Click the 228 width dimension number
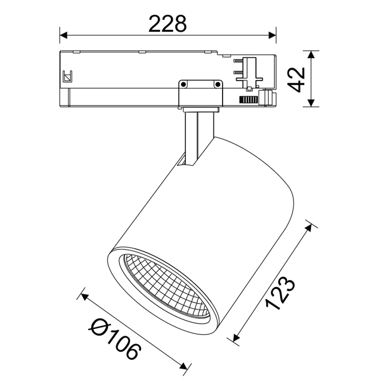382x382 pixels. point(168,23)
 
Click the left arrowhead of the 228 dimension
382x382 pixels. point(64,35)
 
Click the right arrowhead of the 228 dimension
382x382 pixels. point(272,35)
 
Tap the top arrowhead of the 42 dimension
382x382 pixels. point(311,54)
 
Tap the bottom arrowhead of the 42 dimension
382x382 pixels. point(311,103)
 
